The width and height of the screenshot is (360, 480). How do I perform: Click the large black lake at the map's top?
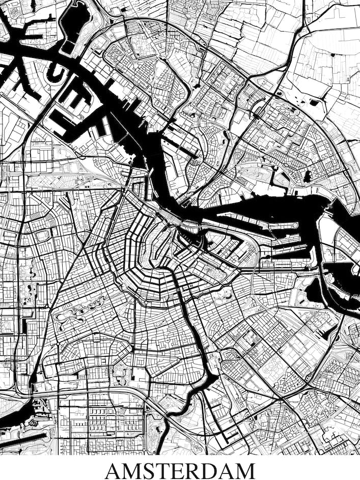(74, 20)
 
